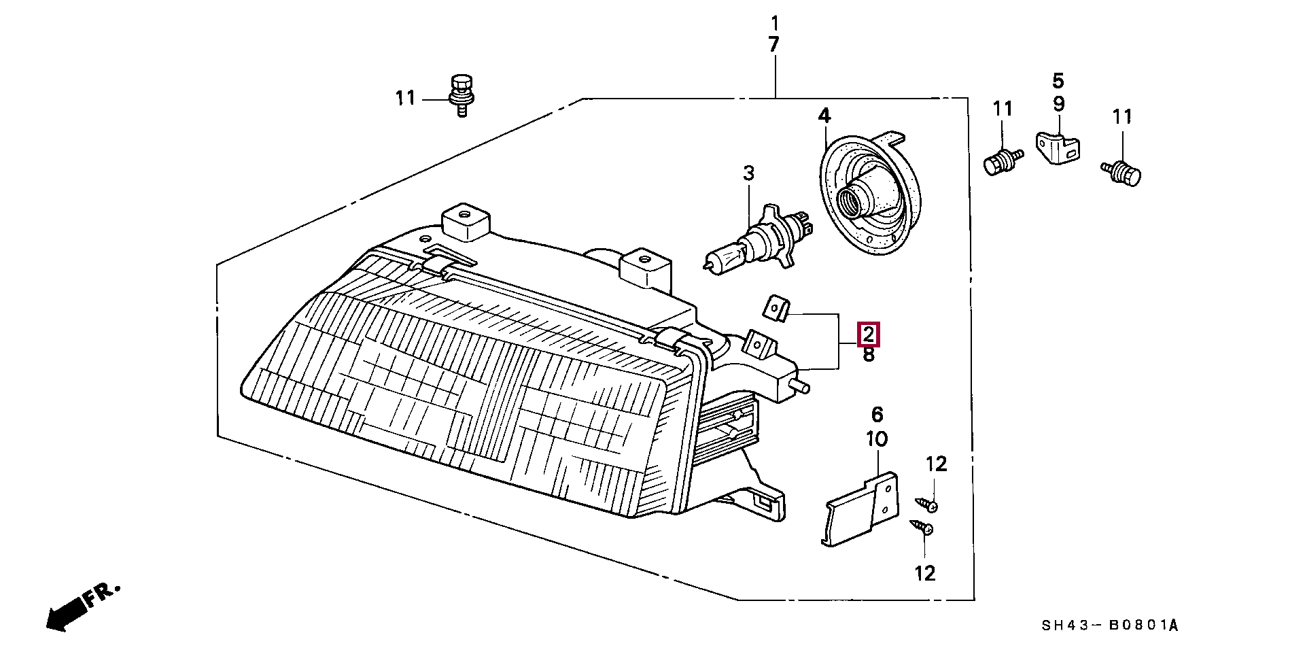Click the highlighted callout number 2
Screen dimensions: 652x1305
[869, 334]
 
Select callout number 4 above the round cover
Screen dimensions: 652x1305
[824, 116]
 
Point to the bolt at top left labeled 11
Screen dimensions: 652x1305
[462, 95]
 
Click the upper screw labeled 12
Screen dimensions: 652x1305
[927, 504]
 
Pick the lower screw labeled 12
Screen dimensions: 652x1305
[922, 528]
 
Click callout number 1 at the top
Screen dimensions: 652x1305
[775, 24]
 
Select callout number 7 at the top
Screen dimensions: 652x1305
[774, 45]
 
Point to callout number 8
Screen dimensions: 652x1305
[869, 355]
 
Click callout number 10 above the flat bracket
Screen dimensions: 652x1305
[877, 439]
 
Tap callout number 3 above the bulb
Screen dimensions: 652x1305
[748, 173]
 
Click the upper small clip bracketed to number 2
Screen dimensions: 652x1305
[776, 308]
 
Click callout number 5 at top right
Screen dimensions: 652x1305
[1058, 82]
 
